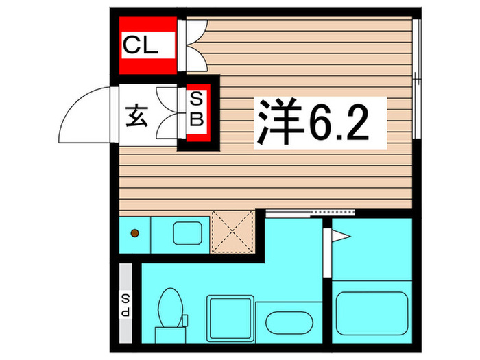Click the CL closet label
click(141, 47)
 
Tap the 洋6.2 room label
click(313, 123)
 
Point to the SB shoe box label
click(196, 112)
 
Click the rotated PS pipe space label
click(126, 302)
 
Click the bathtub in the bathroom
click(372, 312)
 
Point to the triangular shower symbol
click(341, 237)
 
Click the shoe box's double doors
click(169, 112)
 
